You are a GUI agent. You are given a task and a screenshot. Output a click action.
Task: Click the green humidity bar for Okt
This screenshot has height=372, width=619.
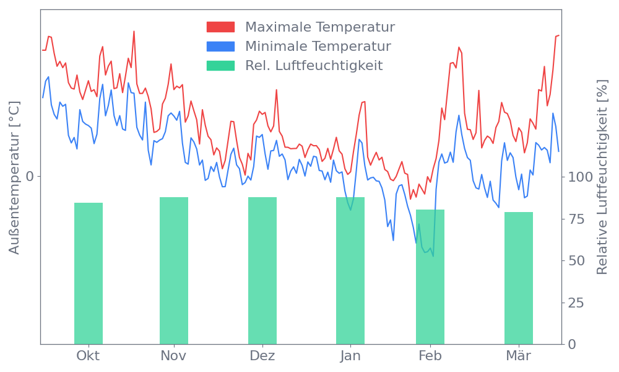(x=89, y=273)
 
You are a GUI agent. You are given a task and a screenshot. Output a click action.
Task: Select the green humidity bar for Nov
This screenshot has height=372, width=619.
(x=174, y=270)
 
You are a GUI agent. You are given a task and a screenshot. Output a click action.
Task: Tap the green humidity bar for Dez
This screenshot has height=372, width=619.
(x=262, y=270)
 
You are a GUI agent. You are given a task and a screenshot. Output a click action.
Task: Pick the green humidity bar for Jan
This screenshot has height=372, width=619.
(x=350, y=270)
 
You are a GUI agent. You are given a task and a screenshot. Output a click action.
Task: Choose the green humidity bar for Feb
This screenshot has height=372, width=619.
(x=430, y=277)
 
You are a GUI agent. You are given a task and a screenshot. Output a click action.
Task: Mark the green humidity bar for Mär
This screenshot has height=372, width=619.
(x=519, y=278)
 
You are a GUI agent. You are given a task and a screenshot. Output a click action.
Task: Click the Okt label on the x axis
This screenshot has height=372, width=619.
(x=88, y=356)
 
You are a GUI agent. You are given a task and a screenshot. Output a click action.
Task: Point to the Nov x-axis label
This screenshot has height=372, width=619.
(x=173, y=356)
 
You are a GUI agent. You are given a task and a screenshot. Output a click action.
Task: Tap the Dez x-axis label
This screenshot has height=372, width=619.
(x=262, y=356)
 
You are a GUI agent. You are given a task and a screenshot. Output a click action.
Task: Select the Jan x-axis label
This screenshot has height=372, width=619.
(x=350, y=356)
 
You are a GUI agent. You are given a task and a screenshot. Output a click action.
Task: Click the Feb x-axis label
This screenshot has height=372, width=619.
(x=430, y=356)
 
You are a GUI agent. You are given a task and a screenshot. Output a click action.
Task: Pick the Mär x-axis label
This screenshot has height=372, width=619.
(x=519, y=356)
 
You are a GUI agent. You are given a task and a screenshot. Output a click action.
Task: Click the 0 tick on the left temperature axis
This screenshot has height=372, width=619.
(x=30, y=177)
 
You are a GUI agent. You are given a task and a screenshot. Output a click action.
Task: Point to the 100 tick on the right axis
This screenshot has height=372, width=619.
(x=580, y=177)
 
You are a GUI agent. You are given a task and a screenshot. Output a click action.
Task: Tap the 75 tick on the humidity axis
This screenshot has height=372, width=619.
(x=576, y=219)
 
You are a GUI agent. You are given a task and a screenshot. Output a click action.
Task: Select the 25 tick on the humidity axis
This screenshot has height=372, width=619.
(x=576, y=303)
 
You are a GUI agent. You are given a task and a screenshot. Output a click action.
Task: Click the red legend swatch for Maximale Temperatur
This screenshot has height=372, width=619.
(x=221, y=27)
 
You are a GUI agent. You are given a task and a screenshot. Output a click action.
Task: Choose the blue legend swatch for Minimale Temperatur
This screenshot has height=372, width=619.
(x=221, y=46)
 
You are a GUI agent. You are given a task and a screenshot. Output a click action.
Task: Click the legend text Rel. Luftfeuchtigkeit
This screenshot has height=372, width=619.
(x=314, y=66)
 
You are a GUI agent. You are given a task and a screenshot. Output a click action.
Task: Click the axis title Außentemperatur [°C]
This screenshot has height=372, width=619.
(x=15, y=178)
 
